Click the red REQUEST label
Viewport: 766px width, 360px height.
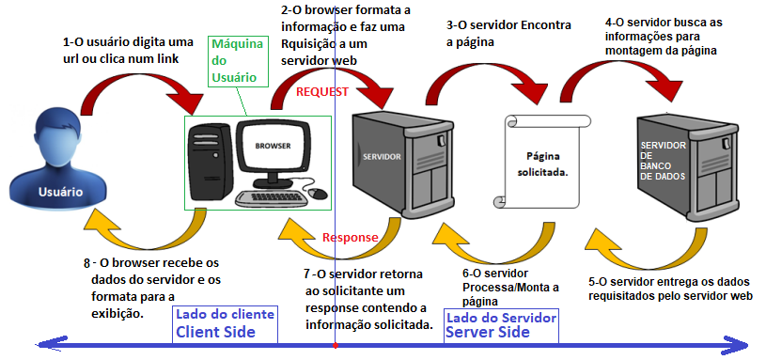point(322,92)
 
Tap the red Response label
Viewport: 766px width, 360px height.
point(350,238)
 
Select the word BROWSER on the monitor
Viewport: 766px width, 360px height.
point(274,146)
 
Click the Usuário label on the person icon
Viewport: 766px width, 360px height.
point(60,192)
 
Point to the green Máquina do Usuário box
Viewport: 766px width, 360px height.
point(238,61)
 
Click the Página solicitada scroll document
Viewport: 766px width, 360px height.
point(540,161)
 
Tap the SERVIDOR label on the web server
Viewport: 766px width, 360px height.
point(382,157)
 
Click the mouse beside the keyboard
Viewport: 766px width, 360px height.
point(318,193)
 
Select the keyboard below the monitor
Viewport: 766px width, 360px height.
point(272,197)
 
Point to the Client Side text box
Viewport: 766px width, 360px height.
point(225,325)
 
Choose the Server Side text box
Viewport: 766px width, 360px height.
point(502,325)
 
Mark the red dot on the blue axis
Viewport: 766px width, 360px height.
point(336,345)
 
